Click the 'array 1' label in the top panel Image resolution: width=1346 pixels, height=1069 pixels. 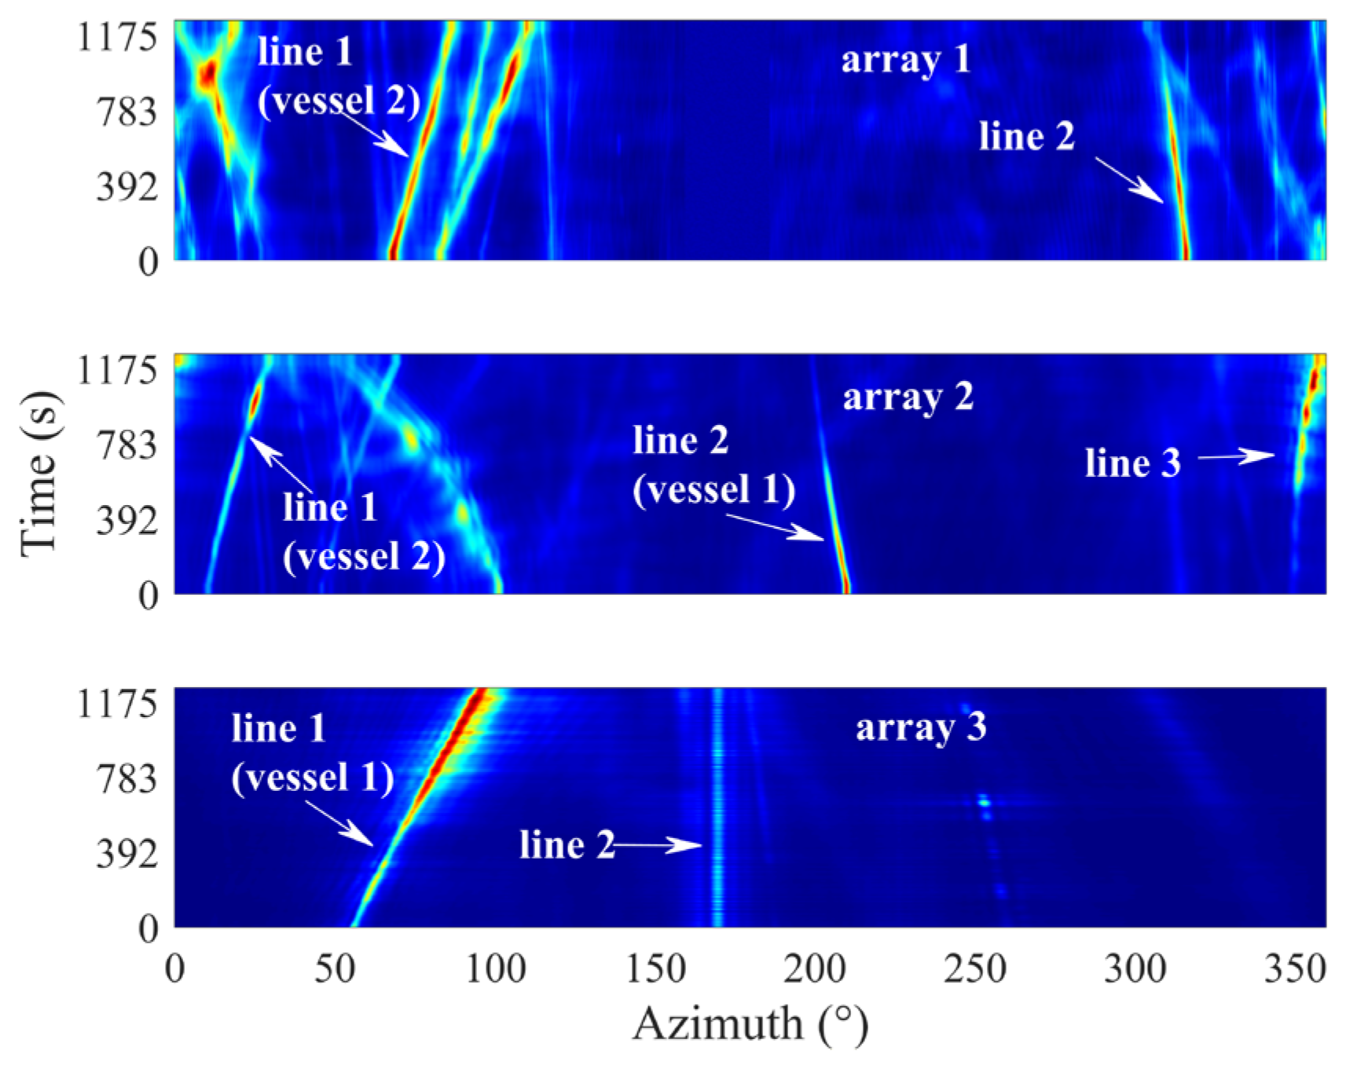tap(905, 60)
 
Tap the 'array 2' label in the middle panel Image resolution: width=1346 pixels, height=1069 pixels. tap(908, 397)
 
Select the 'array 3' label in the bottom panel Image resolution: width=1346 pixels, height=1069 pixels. tap(920, 727)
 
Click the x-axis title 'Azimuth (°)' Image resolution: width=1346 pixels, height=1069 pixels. tap(750, 1025)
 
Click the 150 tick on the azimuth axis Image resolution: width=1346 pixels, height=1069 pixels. tap(655, 968)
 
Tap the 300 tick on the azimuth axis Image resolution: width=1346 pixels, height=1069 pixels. tap(1135, 968)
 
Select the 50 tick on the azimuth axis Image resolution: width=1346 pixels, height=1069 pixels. tap(336, 968)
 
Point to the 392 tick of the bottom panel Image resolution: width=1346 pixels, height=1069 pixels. tap(127, 854)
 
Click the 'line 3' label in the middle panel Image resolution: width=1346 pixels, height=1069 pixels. tap(1132, 463)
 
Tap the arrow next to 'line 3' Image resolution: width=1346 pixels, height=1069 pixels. tap(1235, 456)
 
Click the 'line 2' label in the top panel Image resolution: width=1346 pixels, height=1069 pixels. tap(1026, 137)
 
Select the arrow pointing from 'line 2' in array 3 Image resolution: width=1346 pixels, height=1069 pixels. tap(657, 845)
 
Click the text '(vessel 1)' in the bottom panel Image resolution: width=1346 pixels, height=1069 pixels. tap(313, 778)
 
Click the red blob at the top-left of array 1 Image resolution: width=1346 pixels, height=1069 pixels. tap(207, 76)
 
